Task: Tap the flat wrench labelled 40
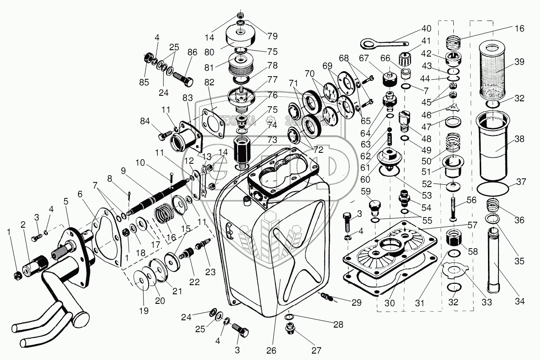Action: click(379, 43)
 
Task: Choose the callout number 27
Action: click(316, 350)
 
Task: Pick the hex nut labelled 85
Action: click(148, 58)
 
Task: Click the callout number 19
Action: click(144, 311)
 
